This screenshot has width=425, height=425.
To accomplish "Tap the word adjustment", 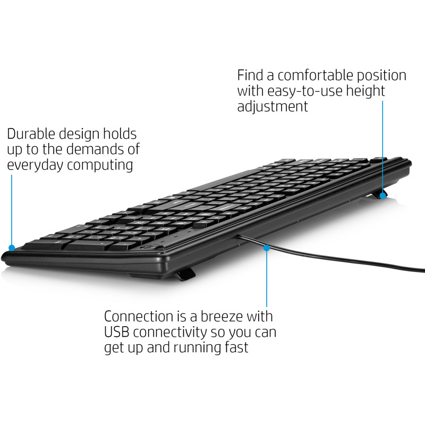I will click(x=273, y=106).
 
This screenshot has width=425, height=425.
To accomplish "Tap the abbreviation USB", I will click(x=116, y=333).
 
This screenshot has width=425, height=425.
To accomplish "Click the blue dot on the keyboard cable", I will click(x=267, y=247).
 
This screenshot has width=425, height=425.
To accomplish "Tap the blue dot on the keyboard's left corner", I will click(x=12, y=248).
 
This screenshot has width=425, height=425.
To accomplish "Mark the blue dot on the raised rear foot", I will click(x=382, y=195).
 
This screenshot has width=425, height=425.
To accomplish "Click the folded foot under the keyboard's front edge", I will click(x=184, y=274).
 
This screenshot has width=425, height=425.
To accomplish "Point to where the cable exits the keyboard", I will click(x=237, y=235).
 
